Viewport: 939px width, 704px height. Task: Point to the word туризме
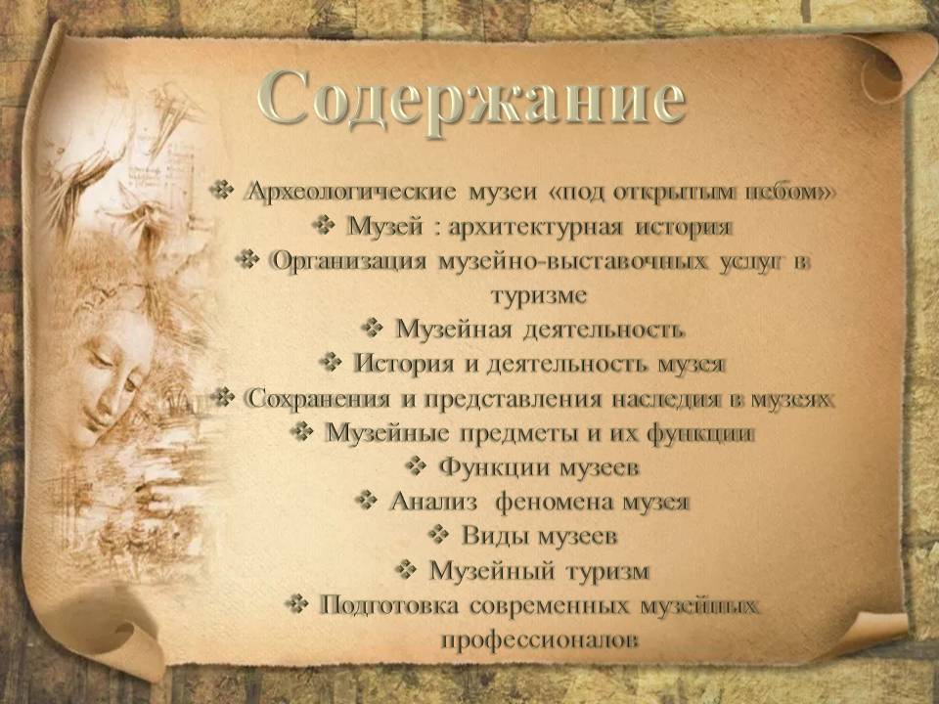tap(539, 295)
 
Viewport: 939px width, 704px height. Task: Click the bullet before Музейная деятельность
tap(373, 329)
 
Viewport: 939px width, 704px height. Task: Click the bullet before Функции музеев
tap(417, 465)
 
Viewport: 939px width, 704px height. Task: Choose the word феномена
tap(556, 502)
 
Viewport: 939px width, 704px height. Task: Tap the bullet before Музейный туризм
tap(407, 569)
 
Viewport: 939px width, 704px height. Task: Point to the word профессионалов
tap(540, 640)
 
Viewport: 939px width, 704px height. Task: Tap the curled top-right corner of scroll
tap(886, 66)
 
